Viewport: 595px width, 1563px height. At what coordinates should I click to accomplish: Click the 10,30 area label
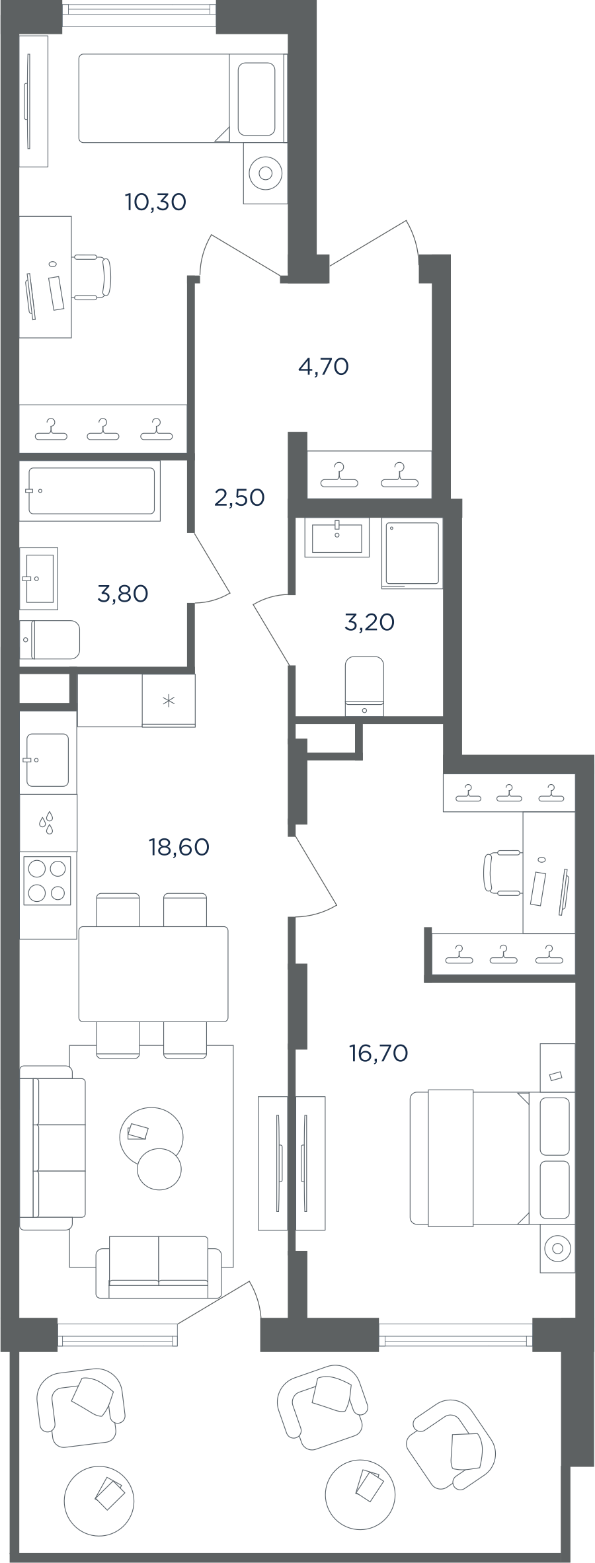pos(155,202)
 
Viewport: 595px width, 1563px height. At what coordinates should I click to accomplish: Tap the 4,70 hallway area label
pos(323,366)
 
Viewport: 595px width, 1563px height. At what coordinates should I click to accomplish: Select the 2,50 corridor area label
pos(239,497)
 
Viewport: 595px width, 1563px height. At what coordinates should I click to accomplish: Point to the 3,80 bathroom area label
pos(122,594)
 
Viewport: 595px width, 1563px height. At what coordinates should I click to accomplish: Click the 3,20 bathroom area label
pos(370,622)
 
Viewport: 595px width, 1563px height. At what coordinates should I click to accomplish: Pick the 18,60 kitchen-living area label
pos(179,846)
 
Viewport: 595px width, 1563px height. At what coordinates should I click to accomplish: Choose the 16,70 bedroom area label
pos(378,1053)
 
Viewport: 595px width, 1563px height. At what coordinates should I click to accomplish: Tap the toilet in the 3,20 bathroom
pos(364,686)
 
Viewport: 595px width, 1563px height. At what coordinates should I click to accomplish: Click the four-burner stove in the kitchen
pos(46,881)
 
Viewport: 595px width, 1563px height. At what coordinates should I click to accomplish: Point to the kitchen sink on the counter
pos(46,760)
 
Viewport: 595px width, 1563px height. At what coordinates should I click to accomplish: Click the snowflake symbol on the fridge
pos(169,700)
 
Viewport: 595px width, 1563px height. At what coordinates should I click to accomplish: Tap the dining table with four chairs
pos(153,975)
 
